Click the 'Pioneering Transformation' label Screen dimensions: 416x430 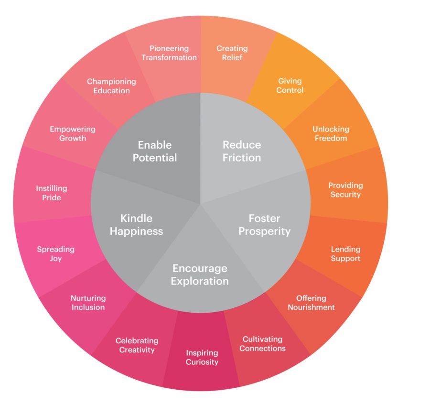pos(169,53)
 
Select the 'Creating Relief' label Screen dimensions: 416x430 pos(232,53)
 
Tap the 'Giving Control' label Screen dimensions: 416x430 pos(290,86)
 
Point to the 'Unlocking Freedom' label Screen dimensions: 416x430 pos(331,134)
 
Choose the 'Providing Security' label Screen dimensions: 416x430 pos(345,190)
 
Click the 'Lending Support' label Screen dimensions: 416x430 pos(345,254)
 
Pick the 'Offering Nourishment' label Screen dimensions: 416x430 pos(311,303)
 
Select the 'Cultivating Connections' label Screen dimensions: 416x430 pos(262,344)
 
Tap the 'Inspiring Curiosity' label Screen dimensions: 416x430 pos(202,357)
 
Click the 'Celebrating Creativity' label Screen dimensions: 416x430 pos(137,345)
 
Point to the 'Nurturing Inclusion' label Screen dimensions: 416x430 pos(88,303)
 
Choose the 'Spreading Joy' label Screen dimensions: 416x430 pos(56,254)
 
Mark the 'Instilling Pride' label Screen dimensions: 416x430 pos(52,193)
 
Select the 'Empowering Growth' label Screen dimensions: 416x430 pos(73,134)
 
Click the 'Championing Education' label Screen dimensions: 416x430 pos(111,86)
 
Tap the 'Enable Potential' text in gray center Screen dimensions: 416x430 pos(154,151)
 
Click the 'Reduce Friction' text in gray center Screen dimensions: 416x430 pos(242,151)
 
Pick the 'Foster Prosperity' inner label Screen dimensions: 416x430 pos(264,225)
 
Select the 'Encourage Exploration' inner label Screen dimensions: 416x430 pos(200,274)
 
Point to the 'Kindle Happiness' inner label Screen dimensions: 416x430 pos(136,225)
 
